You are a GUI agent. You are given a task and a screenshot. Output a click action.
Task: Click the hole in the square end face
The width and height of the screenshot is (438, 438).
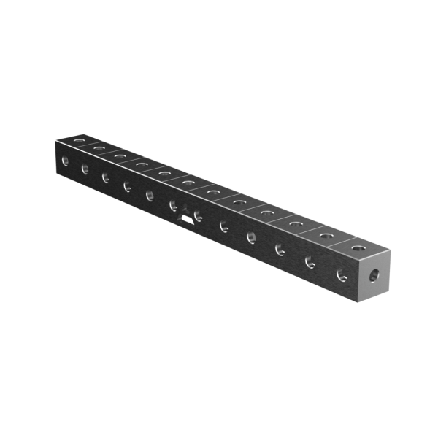click(374, 276)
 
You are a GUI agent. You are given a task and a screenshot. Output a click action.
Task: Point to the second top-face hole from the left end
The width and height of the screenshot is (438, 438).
click(99, 145)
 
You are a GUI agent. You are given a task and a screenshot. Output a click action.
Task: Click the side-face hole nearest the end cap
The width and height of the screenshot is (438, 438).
click(340, 276)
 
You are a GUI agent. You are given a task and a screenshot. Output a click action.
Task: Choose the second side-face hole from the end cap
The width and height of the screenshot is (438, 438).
click(310, 261)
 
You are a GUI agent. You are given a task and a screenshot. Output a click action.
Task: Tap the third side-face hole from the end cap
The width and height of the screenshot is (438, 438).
click(280, 248)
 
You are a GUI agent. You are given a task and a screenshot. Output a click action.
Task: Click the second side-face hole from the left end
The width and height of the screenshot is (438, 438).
click(85, 169)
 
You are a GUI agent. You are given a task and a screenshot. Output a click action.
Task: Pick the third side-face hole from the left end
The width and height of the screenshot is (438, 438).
click(106, 177)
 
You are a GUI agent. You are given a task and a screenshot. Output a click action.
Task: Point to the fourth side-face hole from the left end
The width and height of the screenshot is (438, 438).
click(127, 185)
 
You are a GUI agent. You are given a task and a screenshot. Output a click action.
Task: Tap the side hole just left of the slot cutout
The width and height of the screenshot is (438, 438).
click(174, 205)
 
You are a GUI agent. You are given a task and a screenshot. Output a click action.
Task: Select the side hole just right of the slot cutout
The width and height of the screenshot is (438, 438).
click(198, 215)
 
